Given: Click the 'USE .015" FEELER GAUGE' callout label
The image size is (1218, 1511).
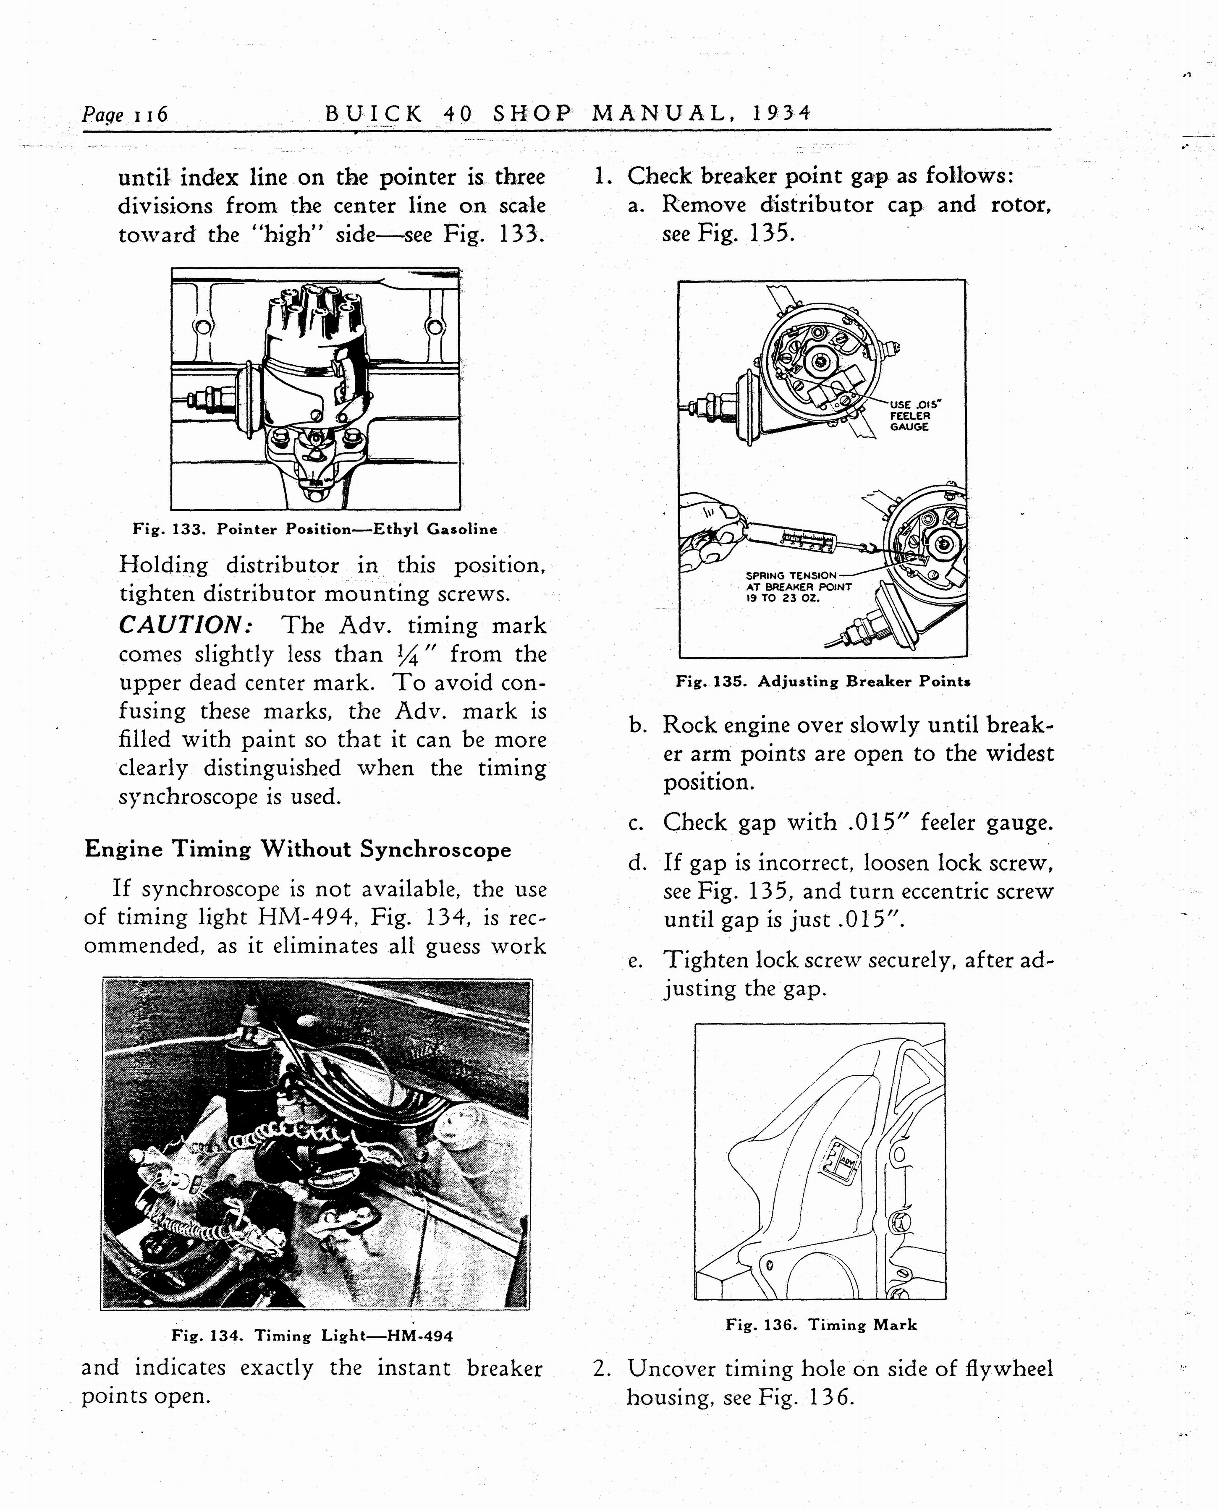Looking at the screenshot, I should click(914, 415).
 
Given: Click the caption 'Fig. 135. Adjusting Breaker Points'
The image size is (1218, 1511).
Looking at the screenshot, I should click(822, 681).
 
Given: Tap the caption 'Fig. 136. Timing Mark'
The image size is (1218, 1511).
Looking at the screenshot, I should click(821, 1324).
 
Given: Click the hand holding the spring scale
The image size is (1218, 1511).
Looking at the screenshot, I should click(709, 533).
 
